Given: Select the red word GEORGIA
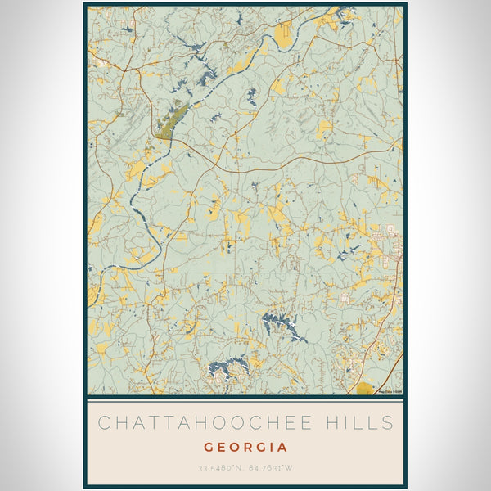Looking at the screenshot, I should click(x=245, y=448).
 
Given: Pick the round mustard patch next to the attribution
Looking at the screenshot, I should click(x=364, y=388).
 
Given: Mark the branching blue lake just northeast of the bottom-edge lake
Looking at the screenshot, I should click(x=280, y=324).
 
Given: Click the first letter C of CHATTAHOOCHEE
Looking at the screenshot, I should click(x=103, y=423).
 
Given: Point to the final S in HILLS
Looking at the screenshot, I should click(x=388, y=423).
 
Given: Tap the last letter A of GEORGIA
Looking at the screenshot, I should click(x=283, y=448).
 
